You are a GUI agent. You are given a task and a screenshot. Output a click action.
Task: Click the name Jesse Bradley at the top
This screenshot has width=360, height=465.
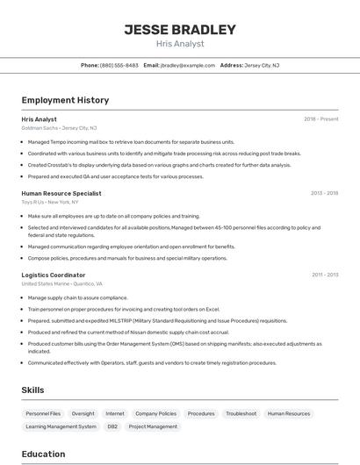[x=180, y=30]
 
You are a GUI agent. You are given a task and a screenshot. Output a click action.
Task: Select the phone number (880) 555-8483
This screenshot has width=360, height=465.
[x=119, y=65]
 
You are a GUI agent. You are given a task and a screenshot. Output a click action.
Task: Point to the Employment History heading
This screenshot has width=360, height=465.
[x=65, y=100]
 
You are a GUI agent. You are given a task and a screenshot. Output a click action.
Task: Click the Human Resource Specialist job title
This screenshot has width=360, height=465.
[x=61, y=192]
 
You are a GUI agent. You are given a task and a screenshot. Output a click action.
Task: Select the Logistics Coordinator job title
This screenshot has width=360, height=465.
[x=54, y=275]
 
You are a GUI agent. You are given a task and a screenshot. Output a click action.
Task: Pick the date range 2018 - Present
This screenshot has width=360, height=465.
[x=320, y=119]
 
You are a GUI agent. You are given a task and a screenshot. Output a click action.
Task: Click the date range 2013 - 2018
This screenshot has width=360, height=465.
[x=324, y=192]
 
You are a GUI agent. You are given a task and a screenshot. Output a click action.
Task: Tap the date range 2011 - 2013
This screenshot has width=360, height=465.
[x=324, y=275]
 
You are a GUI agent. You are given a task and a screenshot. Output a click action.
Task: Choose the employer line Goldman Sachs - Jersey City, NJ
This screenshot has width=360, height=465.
[x=59, y=128]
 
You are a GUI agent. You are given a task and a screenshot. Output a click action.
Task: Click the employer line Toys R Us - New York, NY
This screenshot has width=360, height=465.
[x=56, y=201]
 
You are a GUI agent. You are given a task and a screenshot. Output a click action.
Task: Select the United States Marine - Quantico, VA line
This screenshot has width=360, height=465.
[x=61, y=284]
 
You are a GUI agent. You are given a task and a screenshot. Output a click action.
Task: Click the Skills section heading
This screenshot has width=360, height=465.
[x=32, y=390]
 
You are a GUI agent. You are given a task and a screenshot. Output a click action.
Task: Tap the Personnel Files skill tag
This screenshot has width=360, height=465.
[x=43, y=413]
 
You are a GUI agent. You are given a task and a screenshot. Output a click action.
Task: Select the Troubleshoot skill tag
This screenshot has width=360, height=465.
[x=241, y=413]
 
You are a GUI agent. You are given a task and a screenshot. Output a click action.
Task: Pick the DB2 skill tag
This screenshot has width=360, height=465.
[x=112, y=426]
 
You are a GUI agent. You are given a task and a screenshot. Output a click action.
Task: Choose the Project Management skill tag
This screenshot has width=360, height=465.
[x=153, y=426]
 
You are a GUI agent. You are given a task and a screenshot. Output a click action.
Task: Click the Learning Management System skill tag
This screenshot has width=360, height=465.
[x=61, y=426]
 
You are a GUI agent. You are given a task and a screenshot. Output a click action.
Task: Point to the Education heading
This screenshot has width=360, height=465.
[x=43, y=454]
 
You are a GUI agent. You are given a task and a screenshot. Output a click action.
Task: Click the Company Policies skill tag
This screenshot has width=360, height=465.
[x=155, y=413]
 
